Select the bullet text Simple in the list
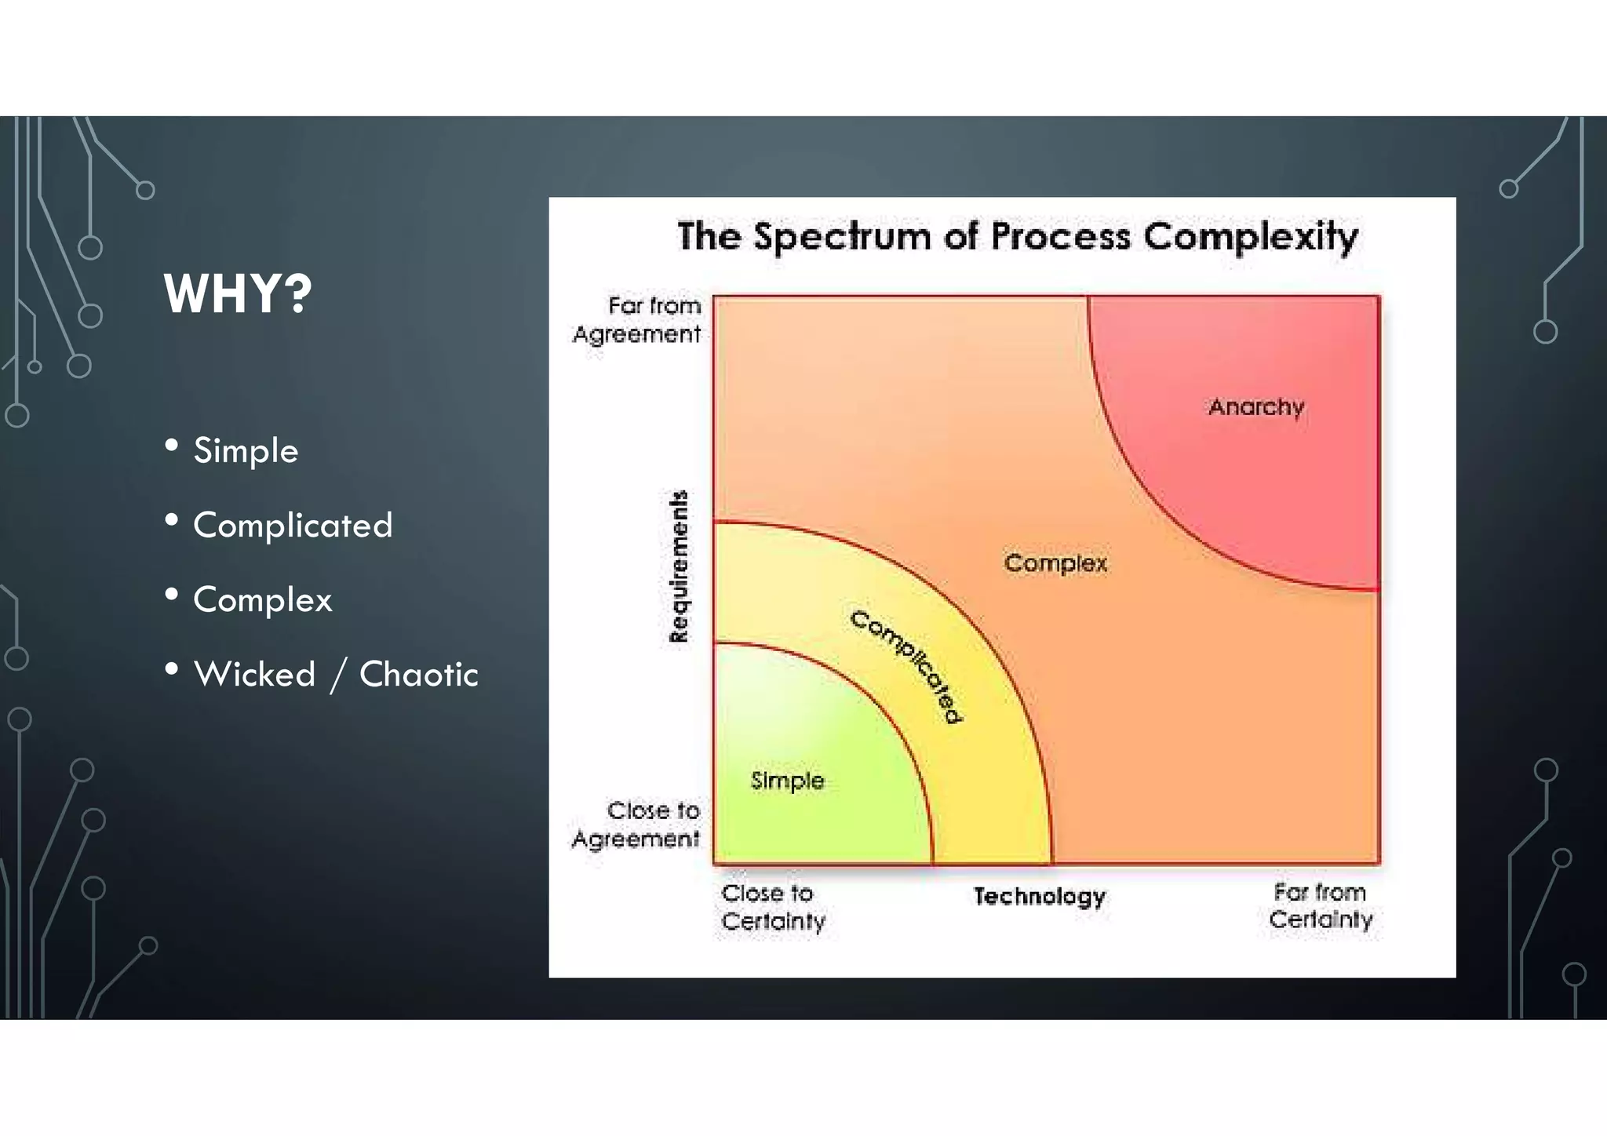246,451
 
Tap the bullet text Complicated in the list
293,525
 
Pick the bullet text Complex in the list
263,600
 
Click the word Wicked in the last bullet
254,675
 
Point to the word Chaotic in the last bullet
418,675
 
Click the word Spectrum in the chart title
841,237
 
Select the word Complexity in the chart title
1250,237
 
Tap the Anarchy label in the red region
1255,407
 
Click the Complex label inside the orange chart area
1055,563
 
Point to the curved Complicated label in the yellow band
906,666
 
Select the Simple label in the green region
787,781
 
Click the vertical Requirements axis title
679,566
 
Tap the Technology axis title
1040,896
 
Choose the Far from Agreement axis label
637,320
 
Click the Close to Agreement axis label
636,825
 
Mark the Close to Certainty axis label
773,907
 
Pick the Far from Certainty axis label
1321,906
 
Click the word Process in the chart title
1060,237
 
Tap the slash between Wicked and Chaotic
337,675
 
